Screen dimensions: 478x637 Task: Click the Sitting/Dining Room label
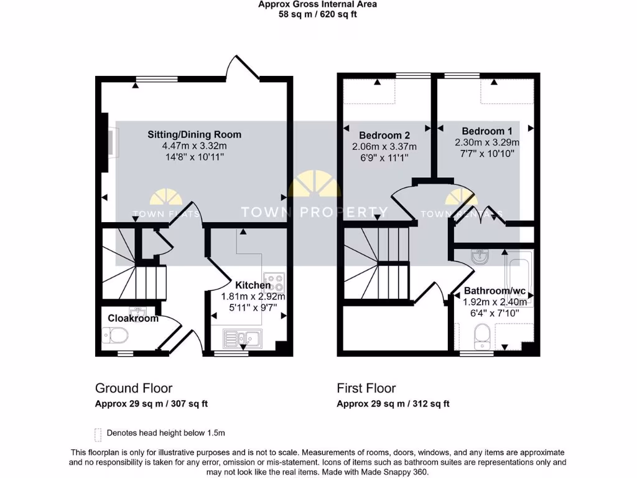pos(194,134)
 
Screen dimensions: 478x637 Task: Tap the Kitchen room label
pos(253,285)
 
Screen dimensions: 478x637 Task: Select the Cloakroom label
pos(133,318)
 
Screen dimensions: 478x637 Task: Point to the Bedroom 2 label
pos(384,135)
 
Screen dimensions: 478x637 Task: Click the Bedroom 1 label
pos(487,131)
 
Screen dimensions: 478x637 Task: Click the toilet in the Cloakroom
pos(115,336)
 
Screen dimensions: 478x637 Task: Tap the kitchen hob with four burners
pos(274,283)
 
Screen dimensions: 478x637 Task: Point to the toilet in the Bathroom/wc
pos(482,337)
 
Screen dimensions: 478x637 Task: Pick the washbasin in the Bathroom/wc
pos(480,256)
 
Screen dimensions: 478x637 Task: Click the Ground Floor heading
pos(134,388)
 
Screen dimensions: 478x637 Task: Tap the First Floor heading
pos(366,388)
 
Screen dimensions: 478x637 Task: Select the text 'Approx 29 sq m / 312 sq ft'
pos(393,404)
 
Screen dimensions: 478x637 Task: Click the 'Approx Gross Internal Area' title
pos(317,4)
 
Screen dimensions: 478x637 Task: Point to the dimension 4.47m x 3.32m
pos(194,146)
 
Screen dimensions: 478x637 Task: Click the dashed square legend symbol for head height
pos(98,433)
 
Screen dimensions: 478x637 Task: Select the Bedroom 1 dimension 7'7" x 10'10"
pos(487,153)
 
